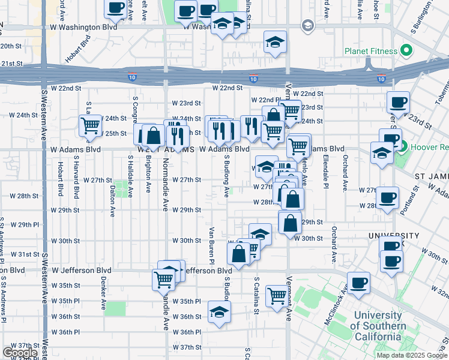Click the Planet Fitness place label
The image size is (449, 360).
370,51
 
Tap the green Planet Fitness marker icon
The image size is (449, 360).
406,50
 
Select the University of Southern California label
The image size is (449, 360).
378,326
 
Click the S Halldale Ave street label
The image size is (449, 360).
130,173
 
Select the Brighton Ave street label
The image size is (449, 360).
148,175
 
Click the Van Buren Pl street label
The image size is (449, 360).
211,245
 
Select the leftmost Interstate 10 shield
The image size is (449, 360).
132,77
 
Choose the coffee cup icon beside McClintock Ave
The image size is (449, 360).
359,283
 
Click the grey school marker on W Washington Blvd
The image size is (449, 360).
308,26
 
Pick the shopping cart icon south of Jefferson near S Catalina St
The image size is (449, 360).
276,295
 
